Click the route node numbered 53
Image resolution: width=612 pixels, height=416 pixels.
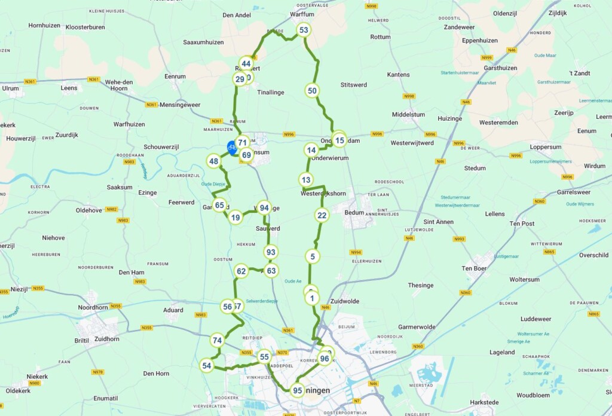(304, 30)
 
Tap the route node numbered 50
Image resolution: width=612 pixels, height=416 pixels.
(312, 91)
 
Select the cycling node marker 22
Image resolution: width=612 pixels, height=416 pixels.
(322, 216)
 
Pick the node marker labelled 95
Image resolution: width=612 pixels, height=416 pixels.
(297, 391)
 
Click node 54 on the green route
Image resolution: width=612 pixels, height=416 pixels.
(207, 365)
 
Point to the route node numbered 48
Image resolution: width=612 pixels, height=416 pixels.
(213, 161)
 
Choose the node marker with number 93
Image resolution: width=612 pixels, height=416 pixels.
(271, 252)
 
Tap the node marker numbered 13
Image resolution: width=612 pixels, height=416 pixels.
(306, 180)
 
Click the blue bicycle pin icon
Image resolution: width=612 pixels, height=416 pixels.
(232, 147)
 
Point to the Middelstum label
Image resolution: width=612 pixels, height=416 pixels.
(408, 114)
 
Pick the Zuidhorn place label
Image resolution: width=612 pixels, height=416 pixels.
(107, 339)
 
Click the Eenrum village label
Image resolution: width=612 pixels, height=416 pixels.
(175, 77)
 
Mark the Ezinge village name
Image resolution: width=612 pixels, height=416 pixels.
(147, 192)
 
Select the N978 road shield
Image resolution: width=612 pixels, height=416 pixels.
(98, 372)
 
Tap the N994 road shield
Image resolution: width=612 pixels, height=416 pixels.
(356, 252)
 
